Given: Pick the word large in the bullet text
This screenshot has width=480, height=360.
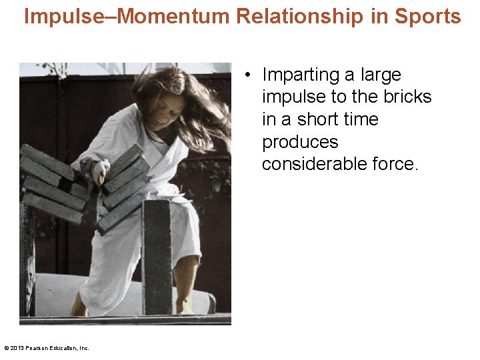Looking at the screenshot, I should point(382,75).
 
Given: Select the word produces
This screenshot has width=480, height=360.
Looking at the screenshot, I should point(300,142).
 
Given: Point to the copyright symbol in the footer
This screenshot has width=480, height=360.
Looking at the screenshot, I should point(6,347).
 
